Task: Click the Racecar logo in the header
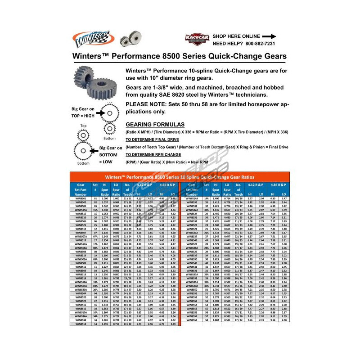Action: point(197,39)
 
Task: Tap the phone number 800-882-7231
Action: point(254,44)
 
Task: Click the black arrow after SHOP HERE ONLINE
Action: point(269,36)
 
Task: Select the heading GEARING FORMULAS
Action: point(155,124)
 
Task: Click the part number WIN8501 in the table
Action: point(81,198)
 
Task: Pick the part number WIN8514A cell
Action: point(192,198)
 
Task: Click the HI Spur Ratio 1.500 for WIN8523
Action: point(216,225)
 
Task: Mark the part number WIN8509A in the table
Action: point(81,259)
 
